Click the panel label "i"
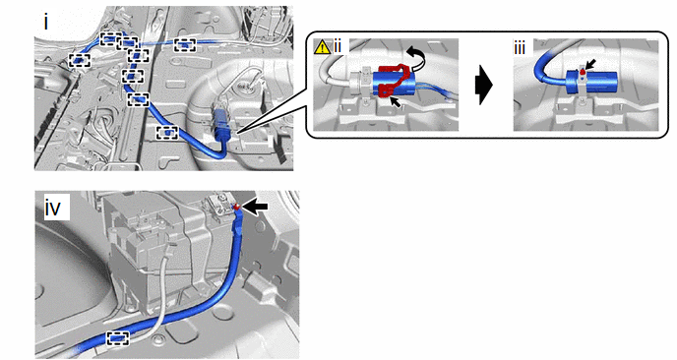pos(46,23)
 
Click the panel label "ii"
pos(338,46)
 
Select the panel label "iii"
pos(520,47)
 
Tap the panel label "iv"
pos(53,209)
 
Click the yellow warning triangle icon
pos(322,46)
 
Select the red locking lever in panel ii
pos(394,80)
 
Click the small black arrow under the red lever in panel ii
pos(395,102)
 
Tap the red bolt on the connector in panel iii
pos(583,71)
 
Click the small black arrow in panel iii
pos(590,65)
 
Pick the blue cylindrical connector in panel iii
pos(592,82)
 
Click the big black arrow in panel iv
pos(255,208)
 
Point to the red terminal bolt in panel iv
pos(236,208)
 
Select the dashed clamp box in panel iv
pos(118,338)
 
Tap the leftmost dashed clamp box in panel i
pos(80,60)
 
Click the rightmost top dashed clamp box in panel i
pos(185,45)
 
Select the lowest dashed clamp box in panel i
pos(167,133)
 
